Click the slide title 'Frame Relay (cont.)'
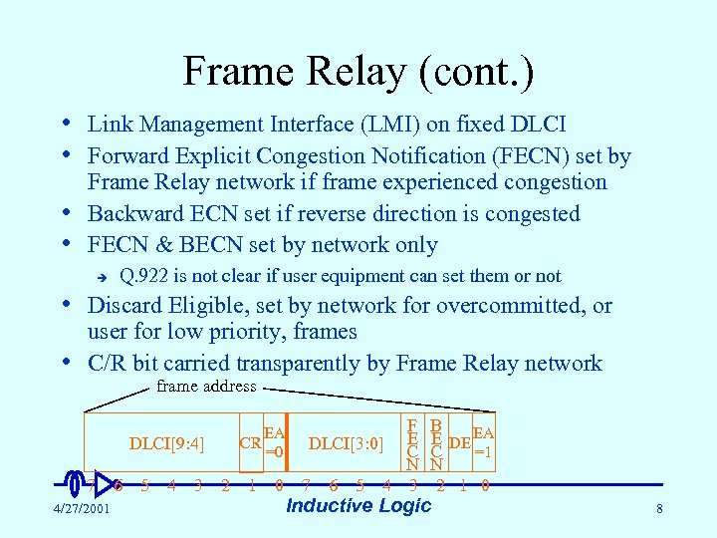[358, 71]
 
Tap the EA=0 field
[274, 441]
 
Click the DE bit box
[459, 442]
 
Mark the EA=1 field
[483, 441]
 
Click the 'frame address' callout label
[206, 387]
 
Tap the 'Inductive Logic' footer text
[358, 505]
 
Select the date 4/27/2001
[83, 510]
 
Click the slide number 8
[659, 510]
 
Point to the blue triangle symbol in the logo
[104, 484]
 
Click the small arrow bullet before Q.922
[98, 276]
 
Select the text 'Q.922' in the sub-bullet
[143, 276]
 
